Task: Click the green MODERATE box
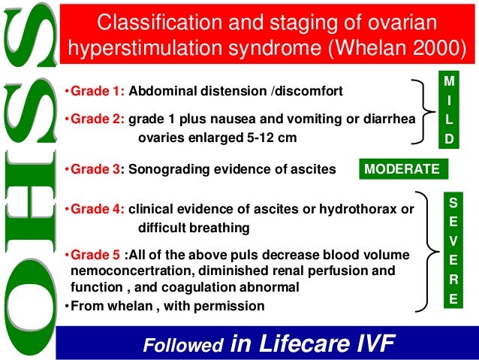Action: click(x=402, y=170)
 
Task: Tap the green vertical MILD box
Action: click(x=449, y=109)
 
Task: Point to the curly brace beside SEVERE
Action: click(x=429, y=250)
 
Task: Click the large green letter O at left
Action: click(x=30, y=308)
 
